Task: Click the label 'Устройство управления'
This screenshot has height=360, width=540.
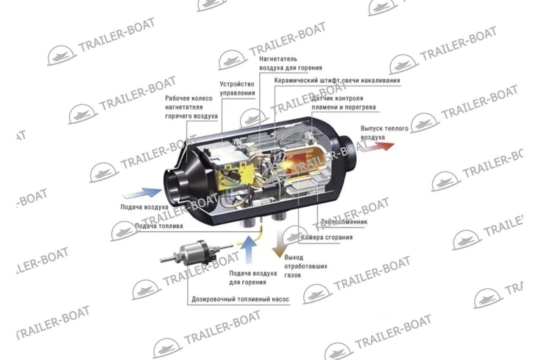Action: [237, 88]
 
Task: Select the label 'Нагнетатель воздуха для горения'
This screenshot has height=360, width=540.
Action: [290, 63]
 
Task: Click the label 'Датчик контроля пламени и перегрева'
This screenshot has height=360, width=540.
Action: [343, 103]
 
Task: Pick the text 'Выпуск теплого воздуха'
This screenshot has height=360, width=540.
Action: [378, 133]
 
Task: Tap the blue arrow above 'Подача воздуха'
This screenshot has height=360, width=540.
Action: [142, 193]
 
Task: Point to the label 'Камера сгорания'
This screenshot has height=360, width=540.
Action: [327, 237]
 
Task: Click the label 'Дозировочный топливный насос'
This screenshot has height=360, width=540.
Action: [240, 299]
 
